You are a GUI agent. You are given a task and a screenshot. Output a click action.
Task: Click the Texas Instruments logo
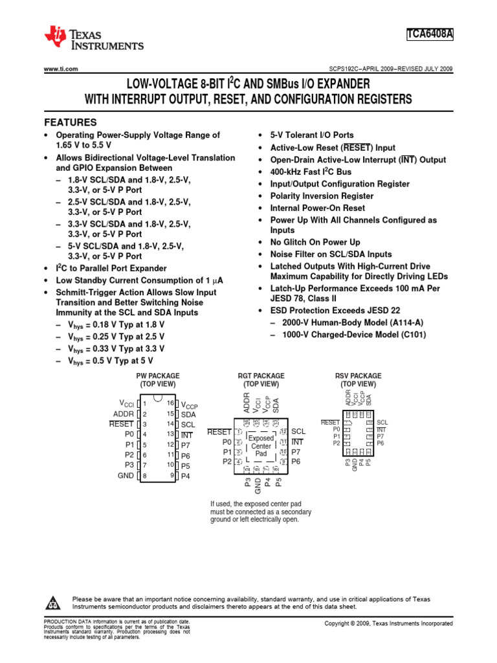[93, 38]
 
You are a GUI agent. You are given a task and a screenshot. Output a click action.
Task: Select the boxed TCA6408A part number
[430, 34]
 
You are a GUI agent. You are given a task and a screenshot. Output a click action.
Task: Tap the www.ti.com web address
[61, 69]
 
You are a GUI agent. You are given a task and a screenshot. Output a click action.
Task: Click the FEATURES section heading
[70, 122]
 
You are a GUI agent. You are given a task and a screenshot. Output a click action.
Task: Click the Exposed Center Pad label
[261, 446]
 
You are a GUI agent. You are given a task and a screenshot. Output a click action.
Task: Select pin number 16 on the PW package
[171, 403]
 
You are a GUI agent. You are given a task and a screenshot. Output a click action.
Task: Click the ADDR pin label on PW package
[124, 414]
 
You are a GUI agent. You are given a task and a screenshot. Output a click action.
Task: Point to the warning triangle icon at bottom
[52, 603]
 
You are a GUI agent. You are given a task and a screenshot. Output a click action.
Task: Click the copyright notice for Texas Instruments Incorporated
[388, 623]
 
